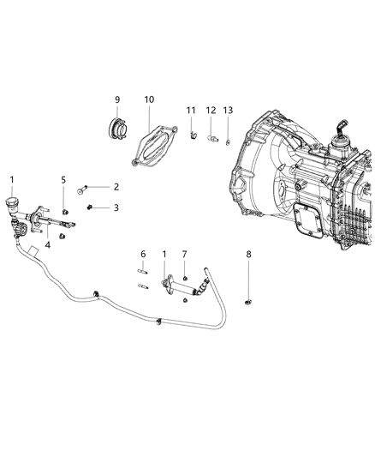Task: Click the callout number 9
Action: tap(117, 99)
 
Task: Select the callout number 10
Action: tap(149, 99)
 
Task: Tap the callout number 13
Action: tap(228, 110)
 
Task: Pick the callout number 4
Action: tap(48, 244)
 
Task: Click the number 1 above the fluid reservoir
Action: tap(12, 179)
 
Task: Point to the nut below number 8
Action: tap(247, 301)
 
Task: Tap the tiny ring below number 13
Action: tap(229, 140)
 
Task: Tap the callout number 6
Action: tap(143, 254)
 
